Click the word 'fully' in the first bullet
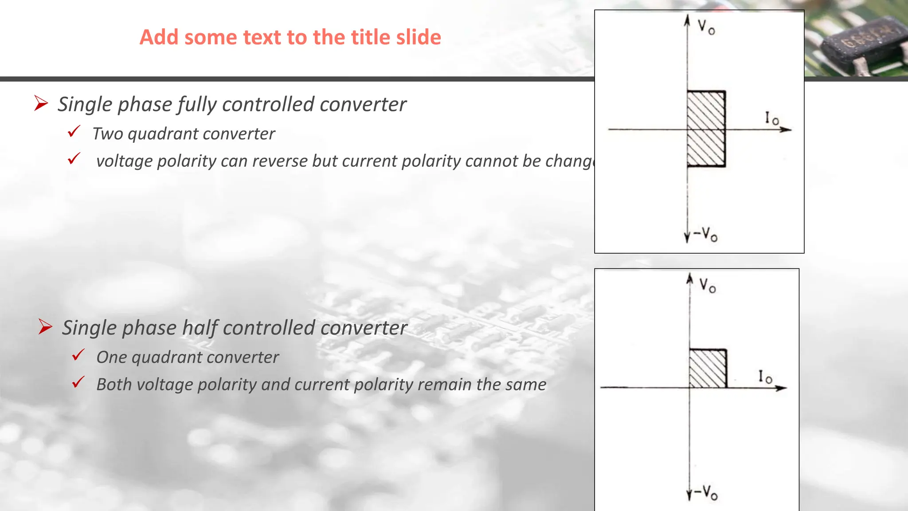coord(198,105)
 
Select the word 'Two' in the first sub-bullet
coord(107,134)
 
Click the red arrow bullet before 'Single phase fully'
coord(41,103)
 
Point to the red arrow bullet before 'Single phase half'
coord(45,327)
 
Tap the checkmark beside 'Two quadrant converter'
coord(74,132)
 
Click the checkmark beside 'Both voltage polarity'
coord(78,382)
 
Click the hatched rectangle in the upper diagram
coord(706,129)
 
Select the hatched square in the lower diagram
coord(708,369)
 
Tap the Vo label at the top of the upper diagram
coord(706,27)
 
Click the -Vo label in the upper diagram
coord(705,234)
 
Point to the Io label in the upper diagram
coord(771,118)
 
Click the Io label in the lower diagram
coord(765,377)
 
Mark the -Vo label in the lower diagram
coord(705,492)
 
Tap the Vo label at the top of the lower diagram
coord(707,285)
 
